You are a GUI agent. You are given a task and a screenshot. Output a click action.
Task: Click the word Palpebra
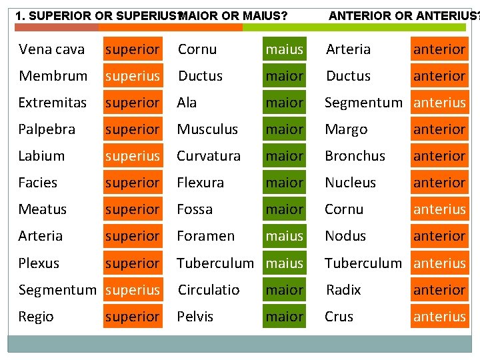47,129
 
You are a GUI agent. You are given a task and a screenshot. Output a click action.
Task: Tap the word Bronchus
355,156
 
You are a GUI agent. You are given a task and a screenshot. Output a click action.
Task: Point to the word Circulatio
209,290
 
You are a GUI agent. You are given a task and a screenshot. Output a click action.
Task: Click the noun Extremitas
52,103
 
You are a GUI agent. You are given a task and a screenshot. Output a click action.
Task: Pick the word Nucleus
350,183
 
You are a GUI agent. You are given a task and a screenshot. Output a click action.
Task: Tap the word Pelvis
195,317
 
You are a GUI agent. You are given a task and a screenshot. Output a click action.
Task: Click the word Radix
343,290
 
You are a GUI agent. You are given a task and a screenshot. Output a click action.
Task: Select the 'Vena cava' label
52,49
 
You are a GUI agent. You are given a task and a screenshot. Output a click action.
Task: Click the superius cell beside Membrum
133,76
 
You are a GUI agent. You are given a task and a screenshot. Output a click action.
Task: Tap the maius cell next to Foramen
284,236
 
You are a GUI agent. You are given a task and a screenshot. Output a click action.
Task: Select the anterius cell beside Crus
439,317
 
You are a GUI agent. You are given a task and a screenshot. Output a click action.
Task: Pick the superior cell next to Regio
133,317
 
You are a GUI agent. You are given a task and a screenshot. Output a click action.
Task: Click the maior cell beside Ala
284,103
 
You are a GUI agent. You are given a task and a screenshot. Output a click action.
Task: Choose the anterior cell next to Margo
439,129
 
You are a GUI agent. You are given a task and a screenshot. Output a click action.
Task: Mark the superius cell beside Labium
133,156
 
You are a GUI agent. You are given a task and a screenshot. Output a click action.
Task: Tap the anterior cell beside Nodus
439,236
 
